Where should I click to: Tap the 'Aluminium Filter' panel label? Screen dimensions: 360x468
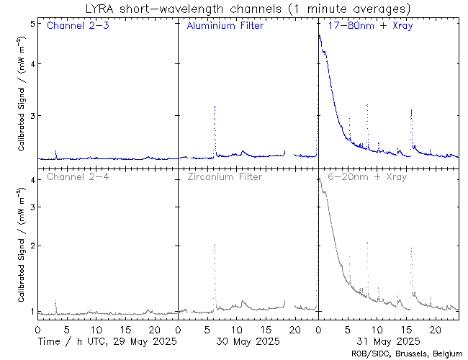[x=225, y=27]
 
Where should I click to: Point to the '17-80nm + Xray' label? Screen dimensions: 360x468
[x=366, y=27]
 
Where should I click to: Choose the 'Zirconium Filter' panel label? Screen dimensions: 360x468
[x=225, y=177]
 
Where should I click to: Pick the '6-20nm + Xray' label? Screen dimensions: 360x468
[x=366, y=177]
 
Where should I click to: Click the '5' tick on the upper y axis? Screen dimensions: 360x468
[x=32, y=24]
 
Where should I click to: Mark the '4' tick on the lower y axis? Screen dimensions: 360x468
[x=32, y=179]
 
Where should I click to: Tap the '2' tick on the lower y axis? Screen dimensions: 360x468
[x=32, y=246]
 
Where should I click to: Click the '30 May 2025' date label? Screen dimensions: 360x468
[x=249, y=341]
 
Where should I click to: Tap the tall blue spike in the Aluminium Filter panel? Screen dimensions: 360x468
[x=215, y=108]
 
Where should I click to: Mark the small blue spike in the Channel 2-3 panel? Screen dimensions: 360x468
[x=55, y=151]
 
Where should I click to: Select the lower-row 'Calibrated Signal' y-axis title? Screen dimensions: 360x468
[x=22, y=245]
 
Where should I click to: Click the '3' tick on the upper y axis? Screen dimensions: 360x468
[x=32, y=115]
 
